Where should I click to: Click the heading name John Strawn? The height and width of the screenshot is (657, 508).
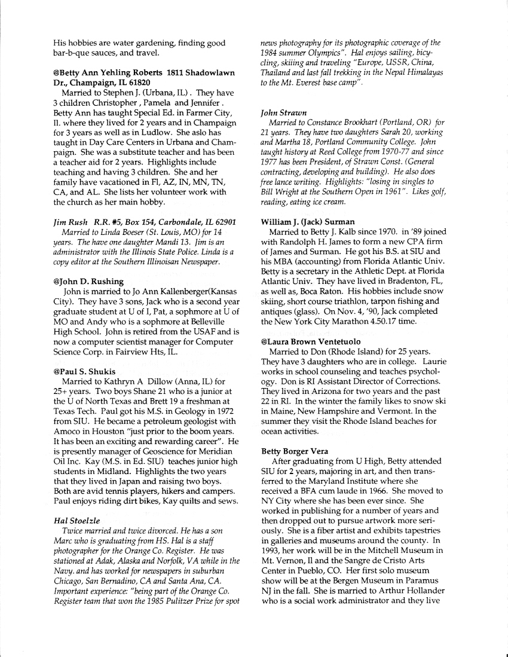(284, 112)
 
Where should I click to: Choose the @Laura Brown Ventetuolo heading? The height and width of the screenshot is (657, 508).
(311, 341)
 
